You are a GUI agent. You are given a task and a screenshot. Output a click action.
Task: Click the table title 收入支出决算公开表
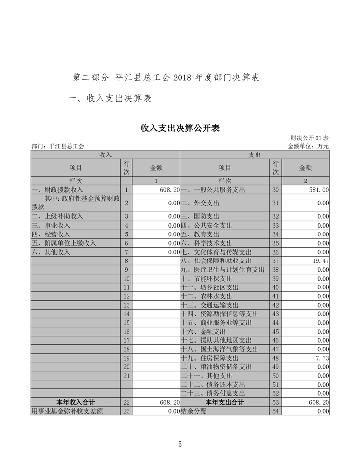point(180,129)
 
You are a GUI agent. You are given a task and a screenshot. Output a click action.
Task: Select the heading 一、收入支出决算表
point(109,98)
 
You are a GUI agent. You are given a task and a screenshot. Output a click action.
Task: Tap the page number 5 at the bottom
point(180,444)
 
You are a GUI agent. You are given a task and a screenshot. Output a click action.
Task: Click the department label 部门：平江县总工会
point(58,146)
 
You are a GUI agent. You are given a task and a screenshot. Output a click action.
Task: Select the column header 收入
point(105,155)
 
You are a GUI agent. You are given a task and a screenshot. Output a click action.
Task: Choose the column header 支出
point(255,155)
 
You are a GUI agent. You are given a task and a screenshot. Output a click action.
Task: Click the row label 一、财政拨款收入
point(57,190)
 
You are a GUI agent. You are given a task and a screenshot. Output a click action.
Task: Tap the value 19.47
point(320,261)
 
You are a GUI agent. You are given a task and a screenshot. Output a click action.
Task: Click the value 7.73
point(322,358)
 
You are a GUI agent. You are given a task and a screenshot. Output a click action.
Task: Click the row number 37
point(275,261)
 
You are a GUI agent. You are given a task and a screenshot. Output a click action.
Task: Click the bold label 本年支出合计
point(225,402)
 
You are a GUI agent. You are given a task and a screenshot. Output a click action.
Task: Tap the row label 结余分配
point(194,411)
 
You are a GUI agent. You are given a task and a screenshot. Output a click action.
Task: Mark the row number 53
point(275,402)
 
